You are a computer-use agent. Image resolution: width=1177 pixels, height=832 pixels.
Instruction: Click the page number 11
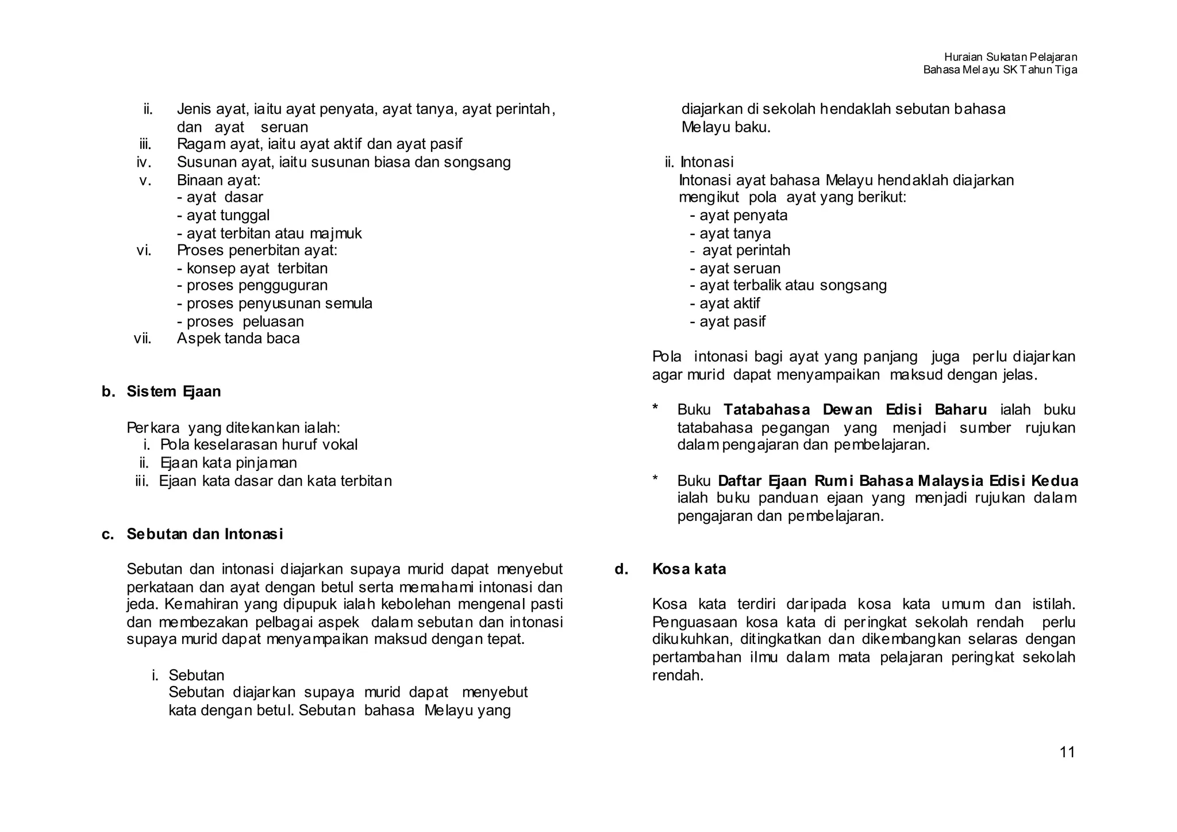pyautogui.click(x=1067, y=752)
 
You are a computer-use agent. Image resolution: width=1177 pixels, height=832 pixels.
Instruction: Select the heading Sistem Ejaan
pyautogui.click(x=174, y=392)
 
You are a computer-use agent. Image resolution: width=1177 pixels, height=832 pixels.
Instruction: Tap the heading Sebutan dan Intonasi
pyautogui.click(x=205, y=534)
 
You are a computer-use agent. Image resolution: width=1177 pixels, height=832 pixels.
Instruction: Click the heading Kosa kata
pyautogui.click(x=689, y=569)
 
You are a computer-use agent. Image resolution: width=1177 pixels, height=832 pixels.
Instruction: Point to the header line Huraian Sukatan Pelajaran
pyautogui.click(x=1010, y=57)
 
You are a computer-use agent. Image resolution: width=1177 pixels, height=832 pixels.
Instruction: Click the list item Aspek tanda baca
pyautogui.click(x=238, y=338)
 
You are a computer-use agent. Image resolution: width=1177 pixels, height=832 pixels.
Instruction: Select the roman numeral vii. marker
pyautogui.click(x=143, y=338)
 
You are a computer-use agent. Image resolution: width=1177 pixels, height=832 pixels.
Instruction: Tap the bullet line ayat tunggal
pyautogui.click(x=224, y=216)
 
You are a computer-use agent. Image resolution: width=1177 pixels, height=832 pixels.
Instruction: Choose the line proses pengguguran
pyautogui.click(x=252, y=286)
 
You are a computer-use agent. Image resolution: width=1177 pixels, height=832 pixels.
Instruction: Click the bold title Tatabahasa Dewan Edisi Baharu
pyautogui.click(x=855, y=410)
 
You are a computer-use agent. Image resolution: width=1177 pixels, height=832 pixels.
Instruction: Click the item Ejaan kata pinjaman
pyautogui.click(x=228, y=463)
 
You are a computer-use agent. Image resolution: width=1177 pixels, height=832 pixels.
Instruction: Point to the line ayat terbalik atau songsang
pyautogui.click(x=788, y=286)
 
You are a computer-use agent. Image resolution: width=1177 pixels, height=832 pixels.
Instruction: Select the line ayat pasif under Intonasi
pyautogui.click(x=728, y=321)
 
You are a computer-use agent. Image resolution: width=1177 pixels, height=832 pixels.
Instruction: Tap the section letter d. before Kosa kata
pyautogui.click(x=621, y=569)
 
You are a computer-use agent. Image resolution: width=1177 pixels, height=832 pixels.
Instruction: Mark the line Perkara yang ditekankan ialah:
pyautogui.click(x=233, y=428)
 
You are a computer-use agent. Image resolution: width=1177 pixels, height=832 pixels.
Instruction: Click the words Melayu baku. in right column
pyautogui.click(x=726, y=127)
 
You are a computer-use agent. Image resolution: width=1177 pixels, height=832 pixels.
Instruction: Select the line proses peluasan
pyautogui.click(x=241, y=321)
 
